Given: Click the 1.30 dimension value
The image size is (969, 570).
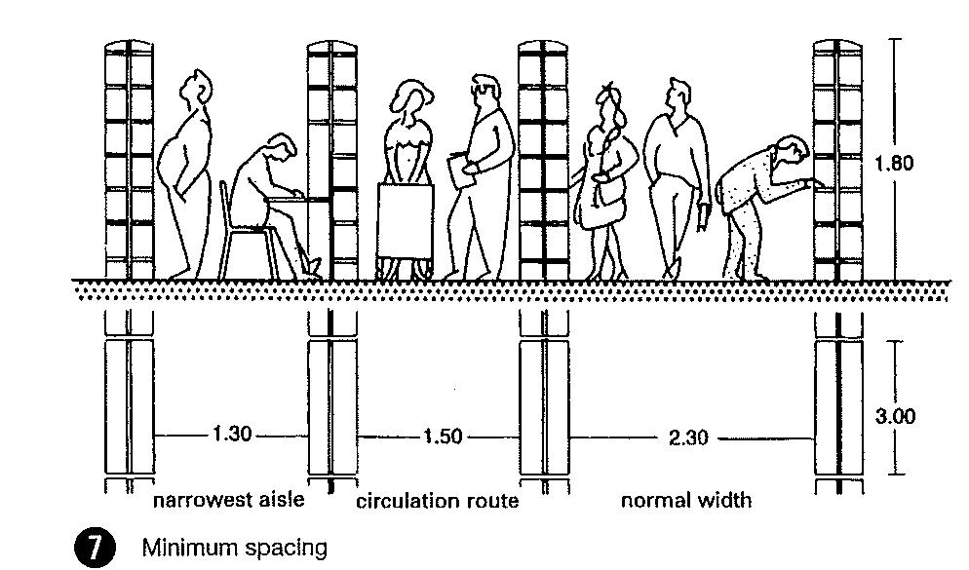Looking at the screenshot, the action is click(231, 436).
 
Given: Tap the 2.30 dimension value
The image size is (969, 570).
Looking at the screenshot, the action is click(688, 438).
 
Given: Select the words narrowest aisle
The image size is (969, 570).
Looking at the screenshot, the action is click(229, 501).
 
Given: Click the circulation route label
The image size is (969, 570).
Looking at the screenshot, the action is click(437, 502).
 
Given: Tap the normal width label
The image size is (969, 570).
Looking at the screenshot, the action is click(686, 501).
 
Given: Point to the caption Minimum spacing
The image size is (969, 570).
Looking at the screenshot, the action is click(235, 548).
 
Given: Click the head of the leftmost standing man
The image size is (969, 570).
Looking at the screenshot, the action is click(201, 88).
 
